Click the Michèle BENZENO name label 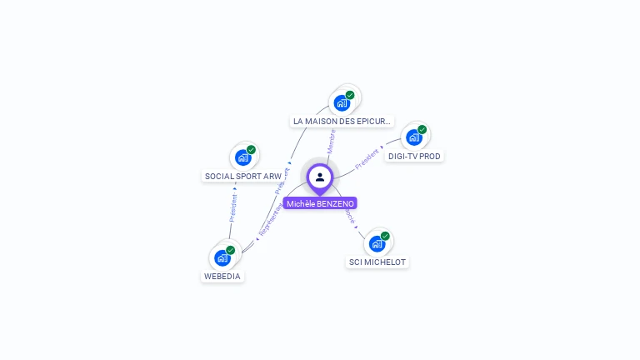320,203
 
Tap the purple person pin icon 320,177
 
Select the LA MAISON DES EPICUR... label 342,122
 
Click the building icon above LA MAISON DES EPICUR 341,103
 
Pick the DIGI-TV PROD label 414,156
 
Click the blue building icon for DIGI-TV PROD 413,137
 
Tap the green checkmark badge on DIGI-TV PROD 422,129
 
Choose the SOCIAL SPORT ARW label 243,176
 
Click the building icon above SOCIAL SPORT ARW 242,157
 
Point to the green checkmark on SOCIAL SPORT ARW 251,150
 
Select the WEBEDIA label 222,276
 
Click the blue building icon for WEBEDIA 222,257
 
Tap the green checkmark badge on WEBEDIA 231,250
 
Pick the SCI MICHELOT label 377,262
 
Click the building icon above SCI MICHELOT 377,243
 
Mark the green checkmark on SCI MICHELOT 385,236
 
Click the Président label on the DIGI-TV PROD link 367,159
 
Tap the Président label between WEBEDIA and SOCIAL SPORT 232,207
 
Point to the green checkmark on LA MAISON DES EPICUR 350,95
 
